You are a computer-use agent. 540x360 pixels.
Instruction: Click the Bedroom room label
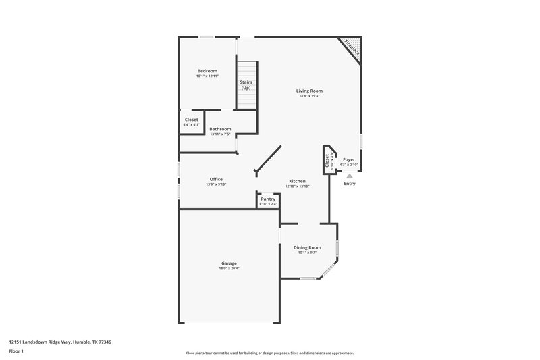207,71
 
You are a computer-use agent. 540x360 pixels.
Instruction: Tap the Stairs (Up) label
246,85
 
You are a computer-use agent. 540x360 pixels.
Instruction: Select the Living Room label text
309,91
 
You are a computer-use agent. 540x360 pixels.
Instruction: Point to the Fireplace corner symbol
352,47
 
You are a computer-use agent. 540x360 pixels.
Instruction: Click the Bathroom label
220,129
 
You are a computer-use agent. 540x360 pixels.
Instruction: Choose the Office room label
216,179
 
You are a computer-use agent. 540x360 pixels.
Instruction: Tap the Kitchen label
298,181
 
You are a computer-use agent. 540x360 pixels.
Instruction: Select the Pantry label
268,199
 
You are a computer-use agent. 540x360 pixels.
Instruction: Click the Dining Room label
307,247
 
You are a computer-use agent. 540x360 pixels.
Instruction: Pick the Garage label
229,263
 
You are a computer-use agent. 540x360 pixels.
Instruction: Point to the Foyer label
349,159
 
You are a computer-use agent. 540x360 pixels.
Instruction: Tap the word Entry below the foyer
350,184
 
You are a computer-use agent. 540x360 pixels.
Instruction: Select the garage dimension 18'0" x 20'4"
229,269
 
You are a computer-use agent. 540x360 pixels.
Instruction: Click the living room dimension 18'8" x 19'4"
309,96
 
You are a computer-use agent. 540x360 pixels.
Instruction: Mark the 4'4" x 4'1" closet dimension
192,125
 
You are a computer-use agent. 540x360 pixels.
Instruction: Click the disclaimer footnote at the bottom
270,353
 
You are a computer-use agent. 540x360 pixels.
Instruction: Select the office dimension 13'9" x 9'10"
216,184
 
